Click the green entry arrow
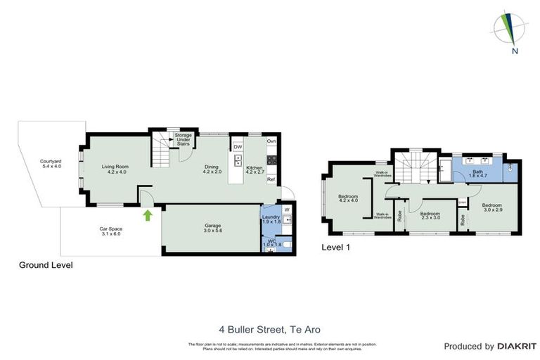148,214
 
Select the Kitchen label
254,169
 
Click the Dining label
212,169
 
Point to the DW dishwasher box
238,147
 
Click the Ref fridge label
271,179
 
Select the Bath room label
477,174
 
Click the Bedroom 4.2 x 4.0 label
349,198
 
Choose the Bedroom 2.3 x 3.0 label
430,215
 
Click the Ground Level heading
44,265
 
